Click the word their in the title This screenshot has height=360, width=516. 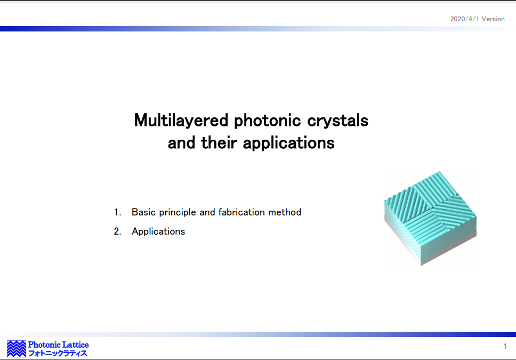click(x=219, y=142)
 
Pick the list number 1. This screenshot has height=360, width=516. click(x=117, y=212)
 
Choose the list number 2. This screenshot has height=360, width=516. click(x=117, y=231)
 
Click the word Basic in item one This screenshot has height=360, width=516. click(x=143, y=212)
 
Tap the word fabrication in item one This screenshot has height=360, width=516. click(x=241, y=212)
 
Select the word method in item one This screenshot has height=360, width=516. click(x=285, y=212)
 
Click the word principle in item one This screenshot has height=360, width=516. click(x=178, y=212)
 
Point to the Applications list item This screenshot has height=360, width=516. click(x=158, y=231)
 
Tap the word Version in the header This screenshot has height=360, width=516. click(x=493, y=19)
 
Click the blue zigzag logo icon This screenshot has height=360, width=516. click(x=17, y=349)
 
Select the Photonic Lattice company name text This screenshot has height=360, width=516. click(x=58, y=345)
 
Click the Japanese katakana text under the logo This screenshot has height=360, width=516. click(x=58, y=354)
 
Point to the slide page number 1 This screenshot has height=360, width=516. click(x=505, y=346)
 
